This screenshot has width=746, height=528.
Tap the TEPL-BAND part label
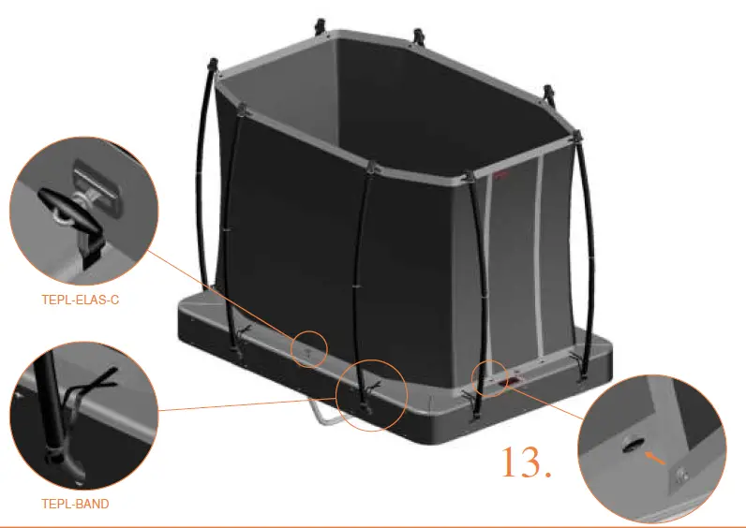coord(75,504)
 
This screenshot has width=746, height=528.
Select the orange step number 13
coord(526,463)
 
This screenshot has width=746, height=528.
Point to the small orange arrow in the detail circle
coord(656,456)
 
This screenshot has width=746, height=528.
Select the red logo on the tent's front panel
coord(500,172)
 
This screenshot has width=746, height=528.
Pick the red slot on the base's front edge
coord(517,381)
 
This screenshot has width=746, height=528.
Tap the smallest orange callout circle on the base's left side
coord(310,348)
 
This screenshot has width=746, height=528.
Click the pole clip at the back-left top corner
coord(321,22)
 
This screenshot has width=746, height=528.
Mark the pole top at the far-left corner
coord(212,67)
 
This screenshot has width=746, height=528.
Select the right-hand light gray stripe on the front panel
coord(537,253)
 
